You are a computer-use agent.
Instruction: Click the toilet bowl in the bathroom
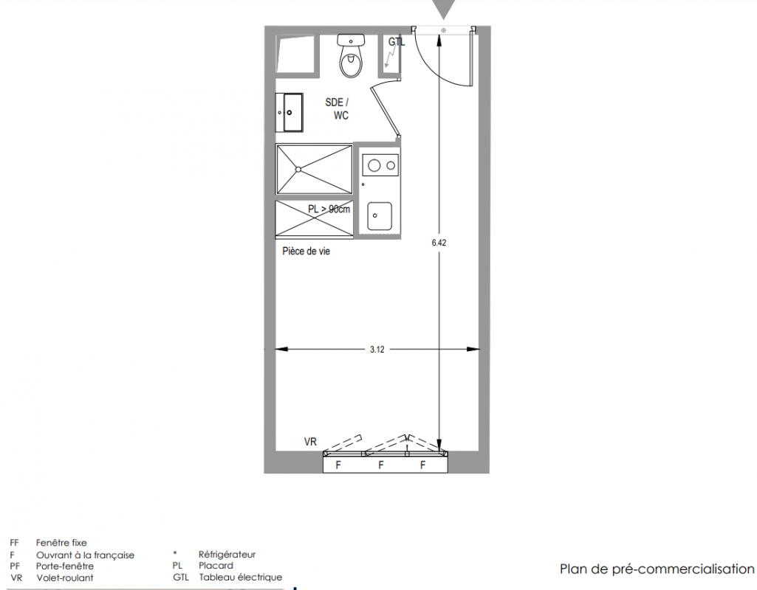(x=351, y=62)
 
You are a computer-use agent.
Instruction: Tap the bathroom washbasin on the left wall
(x=290, y=112)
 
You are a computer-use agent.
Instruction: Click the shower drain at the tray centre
(x=298, y=169)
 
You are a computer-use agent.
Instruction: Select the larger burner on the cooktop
(x=374, y=166)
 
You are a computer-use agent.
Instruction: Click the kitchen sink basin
(x=380, y=216)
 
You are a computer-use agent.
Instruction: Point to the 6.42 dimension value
(x=439, y=243)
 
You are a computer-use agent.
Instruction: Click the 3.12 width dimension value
(x=377, y=350)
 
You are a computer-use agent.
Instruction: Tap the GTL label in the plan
(x=397, y=42)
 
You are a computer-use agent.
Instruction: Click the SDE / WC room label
(x=338, y=109)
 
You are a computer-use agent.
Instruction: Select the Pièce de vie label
(x=306, y=251)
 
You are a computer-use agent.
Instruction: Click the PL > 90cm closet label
(x=329, y=209)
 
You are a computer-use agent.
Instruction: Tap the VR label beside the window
(x=310, y=442)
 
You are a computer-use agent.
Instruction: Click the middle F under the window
(x=381, y=465)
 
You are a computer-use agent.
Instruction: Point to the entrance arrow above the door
(x=443, y=8)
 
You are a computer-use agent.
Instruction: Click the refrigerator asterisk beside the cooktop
(x=363, y=185)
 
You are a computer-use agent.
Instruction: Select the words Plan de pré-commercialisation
(x=657, y=569)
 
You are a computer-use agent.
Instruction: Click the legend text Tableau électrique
(x=241, y=577)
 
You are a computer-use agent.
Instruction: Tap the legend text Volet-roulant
(x=65, y=578)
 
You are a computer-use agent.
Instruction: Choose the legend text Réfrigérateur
(x=227, y=555)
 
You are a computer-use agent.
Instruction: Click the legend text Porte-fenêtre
(x=65, y=566)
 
